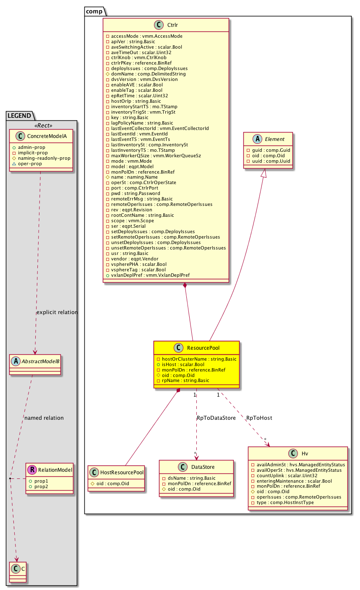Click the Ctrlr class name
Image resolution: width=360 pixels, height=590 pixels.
click(172, 25)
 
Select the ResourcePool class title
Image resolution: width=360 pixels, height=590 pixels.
click(203, 348)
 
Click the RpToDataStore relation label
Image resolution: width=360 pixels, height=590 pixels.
click(216, 418)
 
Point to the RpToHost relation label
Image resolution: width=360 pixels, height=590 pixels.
click(259, 418)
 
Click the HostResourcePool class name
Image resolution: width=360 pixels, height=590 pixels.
click(121, 472)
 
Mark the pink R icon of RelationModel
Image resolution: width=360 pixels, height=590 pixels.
click(32, 470)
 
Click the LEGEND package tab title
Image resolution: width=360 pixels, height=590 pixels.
click(19, 116)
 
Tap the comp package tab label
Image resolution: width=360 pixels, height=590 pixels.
click(94, 11)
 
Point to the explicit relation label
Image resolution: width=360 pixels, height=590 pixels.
click(57, 312)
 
